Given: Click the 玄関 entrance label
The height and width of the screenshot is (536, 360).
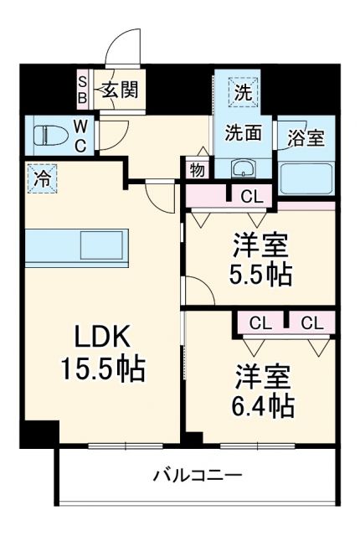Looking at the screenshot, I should point(120,90).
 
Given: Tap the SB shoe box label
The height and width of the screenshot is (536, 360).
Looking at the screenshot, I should point(83,89).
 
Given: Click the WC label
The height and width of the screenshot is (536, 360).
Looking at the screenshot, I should point(80,136).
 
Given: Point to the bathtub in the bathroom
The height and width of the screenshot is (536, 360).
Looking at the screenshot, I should point(306,178).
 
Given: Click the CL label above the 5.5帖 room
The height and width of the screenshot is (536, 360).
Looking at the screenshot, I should point(249,197).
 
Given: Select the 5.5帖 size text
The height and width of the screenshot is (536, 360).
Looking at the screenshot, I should point(261,275).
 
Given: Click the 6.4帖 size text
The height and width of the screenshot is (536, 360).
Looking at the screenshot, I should point(262,406).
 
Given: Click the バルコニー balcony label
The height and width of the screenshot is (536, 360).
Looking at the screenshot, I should point(197,477).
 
